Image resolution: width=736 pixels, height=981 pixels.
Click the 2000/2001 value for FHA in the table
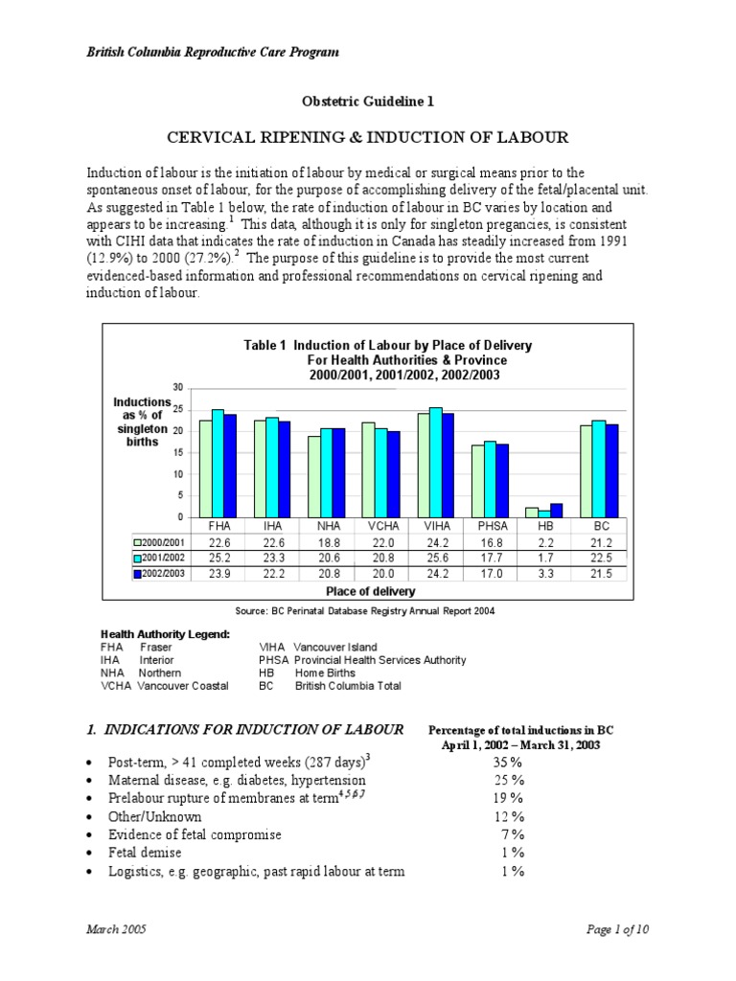point(219,541)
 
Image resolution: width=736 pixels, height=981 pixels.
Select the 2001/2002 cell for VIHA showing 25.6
point(435,557)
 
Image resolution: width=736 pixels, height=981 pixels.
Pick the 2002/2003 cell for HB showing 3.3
point(543,573)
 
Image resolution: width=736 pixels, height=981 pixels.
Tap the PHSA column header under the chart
point(489,526)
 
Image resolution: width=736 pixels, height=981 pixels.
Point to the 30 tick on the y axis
point(178,387)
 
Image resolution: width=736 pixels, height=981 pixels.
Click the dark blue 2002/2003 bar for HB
point(556,511)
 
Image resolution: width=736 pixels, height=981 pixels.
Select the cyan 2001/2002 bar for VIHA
point(436,462)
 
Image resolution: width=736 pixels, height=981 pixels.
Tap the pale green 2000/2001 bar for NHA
point(314,476)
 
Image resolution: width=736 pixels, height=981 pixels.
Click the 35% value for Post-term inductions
point(508,763)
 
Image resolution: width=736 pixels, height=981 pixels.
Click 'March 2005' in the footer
point(116,930)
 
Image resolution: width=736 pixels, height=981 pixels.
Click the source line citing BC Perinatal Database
point(366,610)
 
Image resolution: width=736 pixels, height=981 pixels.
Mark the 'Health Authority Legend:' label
point(165,634)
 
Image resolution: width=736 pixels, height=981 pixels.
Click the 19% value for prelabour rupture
point(508,799)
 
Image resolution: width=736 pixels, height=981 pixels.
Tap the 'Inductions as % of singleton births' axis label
point(141,423)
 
